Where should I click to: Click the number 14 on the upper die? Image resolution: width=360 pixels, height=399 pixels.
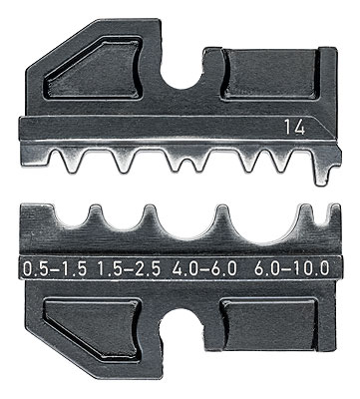tap(294, 129)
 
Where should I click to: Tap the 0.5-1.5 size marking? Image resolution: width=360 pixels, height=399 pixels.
tap(55, 268)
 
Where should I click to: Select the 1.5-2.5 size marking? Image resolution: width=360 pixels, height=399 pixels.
tap(130, 268)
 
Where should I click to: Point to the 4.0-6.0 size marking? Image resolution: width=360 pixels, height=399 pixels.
tap(204, 268)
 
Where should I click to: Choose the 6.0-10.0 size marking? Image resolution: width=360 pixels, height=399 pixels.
tap(292, 268)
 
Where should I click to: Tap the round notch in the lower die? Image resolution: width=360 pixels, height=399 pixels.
tap(181, 324)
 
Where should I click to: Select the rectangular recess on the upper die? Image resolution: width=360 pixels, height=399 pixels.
tap(270, 74)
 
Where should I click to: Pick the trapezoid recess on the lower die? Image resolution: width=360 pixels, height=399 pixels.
tap(93, 329)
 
